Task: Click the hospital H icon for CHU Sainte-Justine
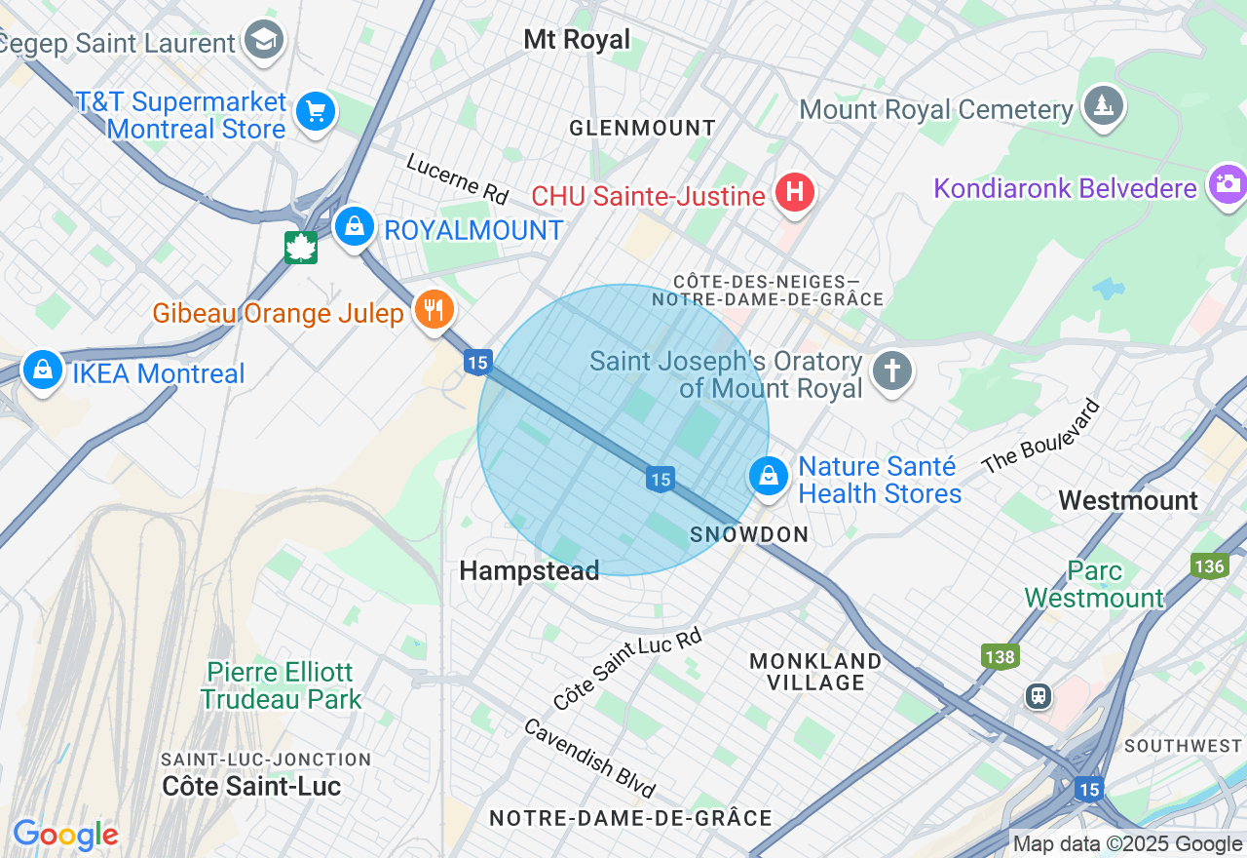pyautogui.click(x=795, y=192)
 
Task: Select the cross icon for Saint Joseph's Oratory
pyautogui.click(x=891, y=370)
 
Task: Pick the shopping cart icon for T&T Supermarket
pyautogui.click(x=315, y=111)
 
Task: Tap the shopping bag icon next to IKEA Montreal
pyautogui.click(x=43, y=370)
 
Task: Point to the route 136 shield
pyautogui.click(x=1208, y=565)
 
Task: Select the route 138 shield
pyautogui.click(x=1000, y=656)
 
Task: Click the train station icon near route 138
pyautogui.click(x=1039, y=695)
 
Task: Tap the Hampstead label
pyautogui.click(x=529, y=571)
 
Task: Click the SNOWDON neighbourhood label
pyautogui.click(x=749, y=534)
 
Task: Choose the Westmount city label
pyautogui.click(x=1128, y=501)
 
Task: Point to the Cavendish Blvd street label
pyautogui.click(x=590, y=758)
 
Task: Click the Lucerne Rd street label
pyautogui.click(x=458, y=178)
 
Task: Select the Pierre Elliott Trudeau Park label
pyautogui.click(x=281, y=685)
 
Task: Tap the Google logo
pyautogui.click(x=65, y=835)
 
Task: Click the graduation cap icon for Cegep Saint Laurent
pyautogui.click(x=263, y=40)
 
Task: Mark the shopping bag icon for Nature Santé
pyautogui.click(x=769, y=476)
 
